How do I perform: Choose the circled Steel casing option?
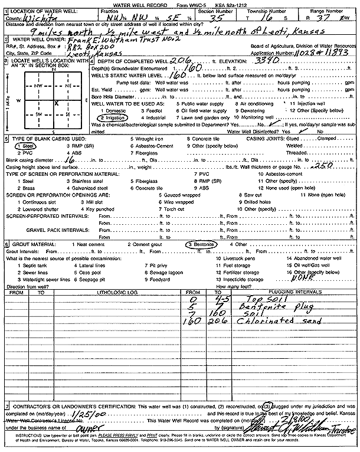coord(26,145)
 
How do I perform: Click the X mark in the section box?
coord(56,103)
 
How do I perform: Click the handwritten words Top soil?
coord(260,299)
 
